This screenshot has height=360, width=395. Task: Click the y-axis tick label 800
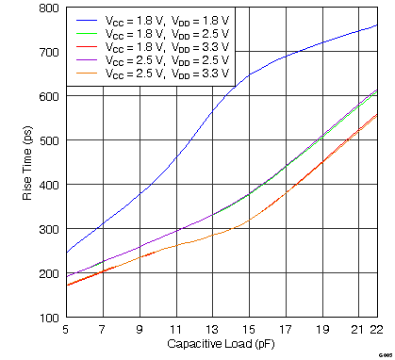pyautogui.click(x=45, y=8)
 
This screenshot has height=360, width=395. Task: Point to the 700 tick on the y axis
pyautogui.click(x=45, y=52)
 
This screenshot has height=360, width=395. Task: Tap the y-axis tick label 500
pyautogui.click(x=45, y=140)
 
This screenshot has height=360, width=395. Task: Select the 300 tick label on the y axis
pyautogui.click(x=45, y=229)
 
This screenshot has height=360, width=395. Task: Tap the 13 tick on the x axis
pyautogui.click(x=211, y=329)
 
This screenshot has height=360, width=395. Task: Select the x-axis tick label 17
pyautogui.click(x=285, y=329)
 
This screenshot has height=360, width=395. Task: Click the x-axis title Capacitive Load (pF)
pyautogui.click(x=222, y=343)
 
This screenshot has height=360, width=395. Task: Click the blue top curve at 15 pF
pyautogui.click(x=248, y=76)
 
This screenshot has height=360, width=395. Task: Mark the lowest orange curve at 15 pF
pyautogui.click(x=248, y=222)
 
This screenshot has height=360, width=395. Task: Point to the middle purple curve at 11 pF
pyautogui.click(x=175, y=231)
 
